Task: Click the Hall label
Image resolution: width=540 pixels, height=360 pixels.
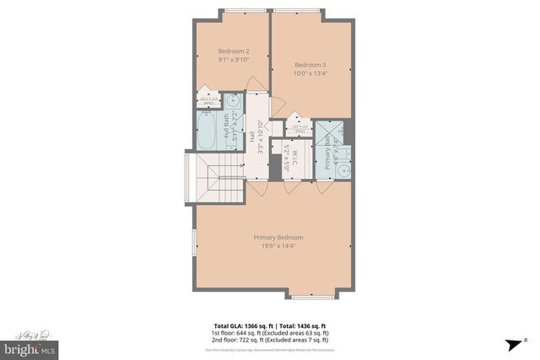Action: (251, 136)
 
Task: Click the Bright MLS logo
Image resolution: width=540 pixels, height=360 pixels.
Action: (30, 347)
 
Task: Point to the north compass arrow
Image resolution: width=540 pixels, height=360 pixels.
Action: (512, 344)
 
